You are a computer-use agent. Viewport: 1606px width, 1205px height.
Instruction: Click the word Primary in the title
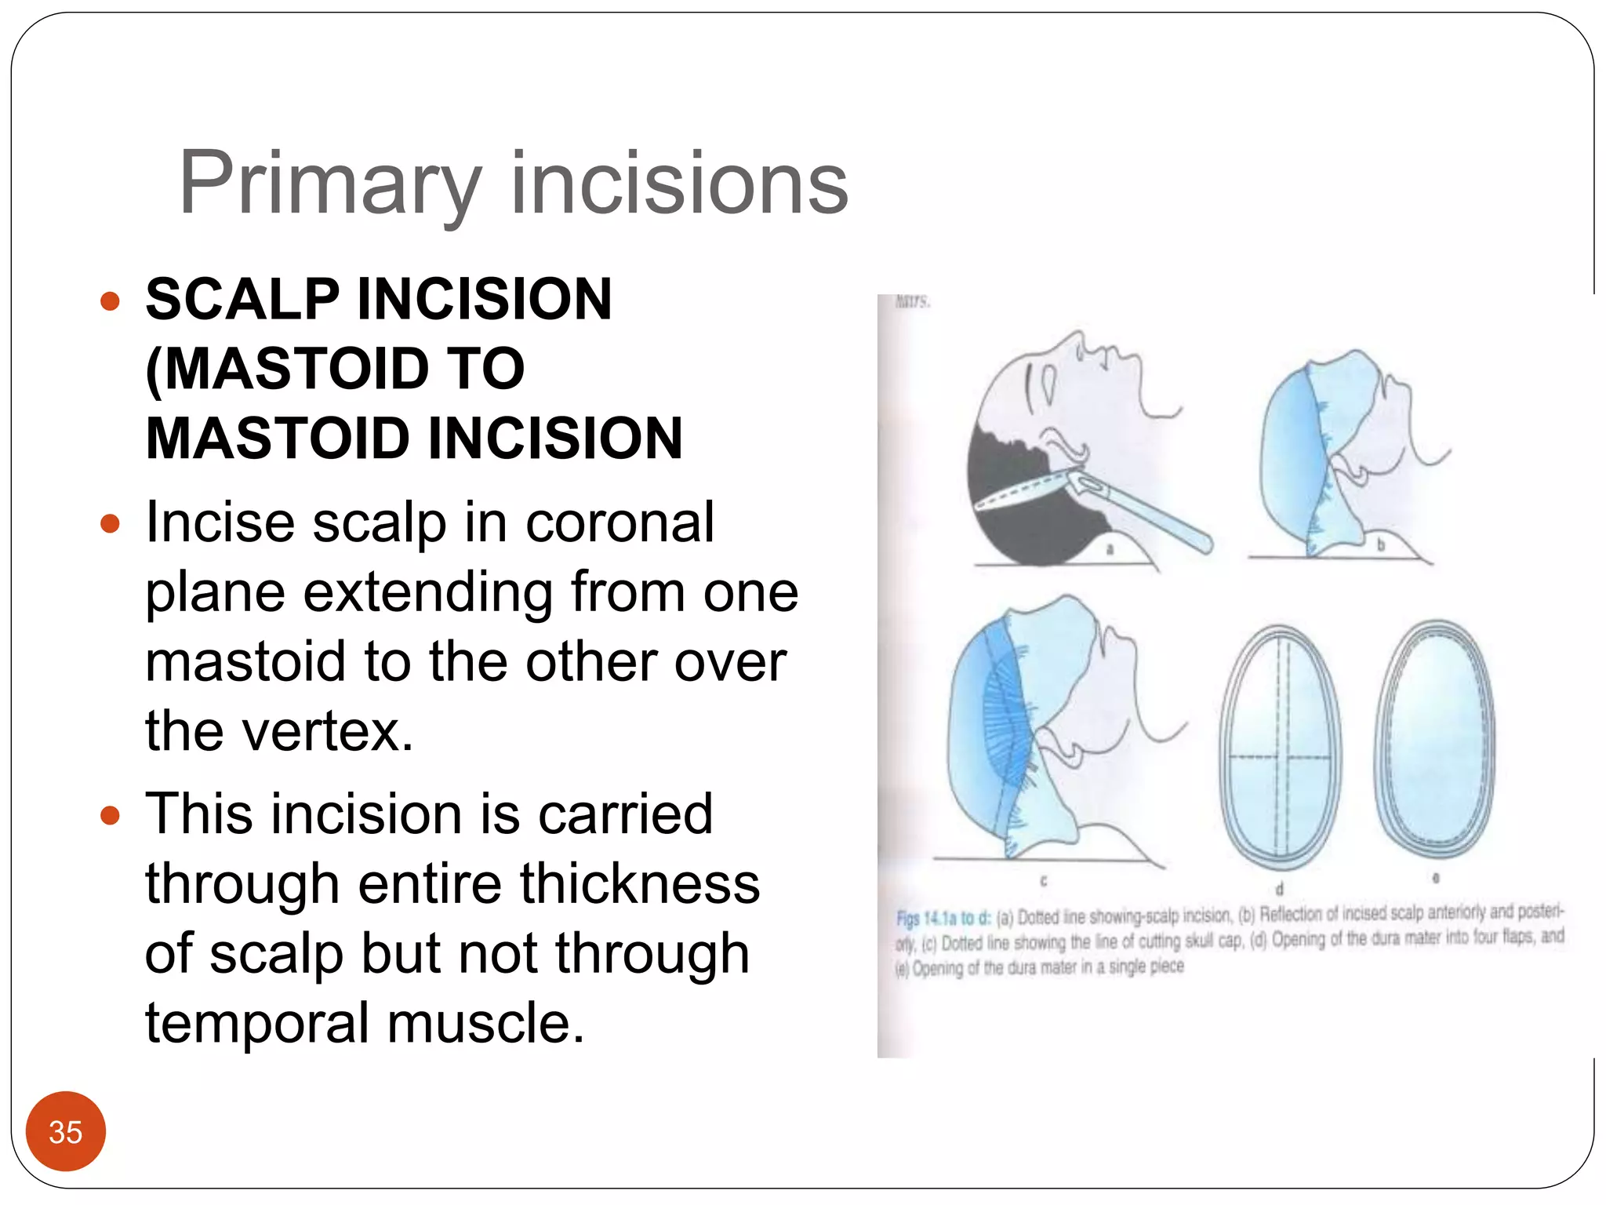click(329, 185)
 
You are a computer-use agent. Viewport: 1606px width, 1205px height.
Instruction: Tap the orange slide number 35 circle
click(65, 1131)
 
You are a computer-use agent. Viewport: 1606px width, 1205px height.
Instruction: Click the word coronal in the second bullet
click(620, 522)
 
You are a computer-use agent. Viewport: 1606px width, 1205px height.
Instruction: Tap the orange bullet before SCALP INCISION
click(110, 301)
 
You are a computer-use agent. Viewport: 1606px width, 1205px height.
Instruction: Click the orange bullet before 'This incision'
click(110, 816)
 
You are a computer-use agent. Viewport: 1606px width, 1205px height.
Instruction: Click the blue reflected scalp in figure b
click(1286, 455)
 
